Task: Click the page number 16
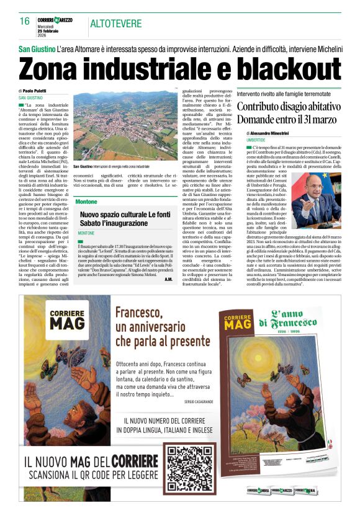[25, 21]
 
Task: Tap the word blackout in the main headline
[280, 68]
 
